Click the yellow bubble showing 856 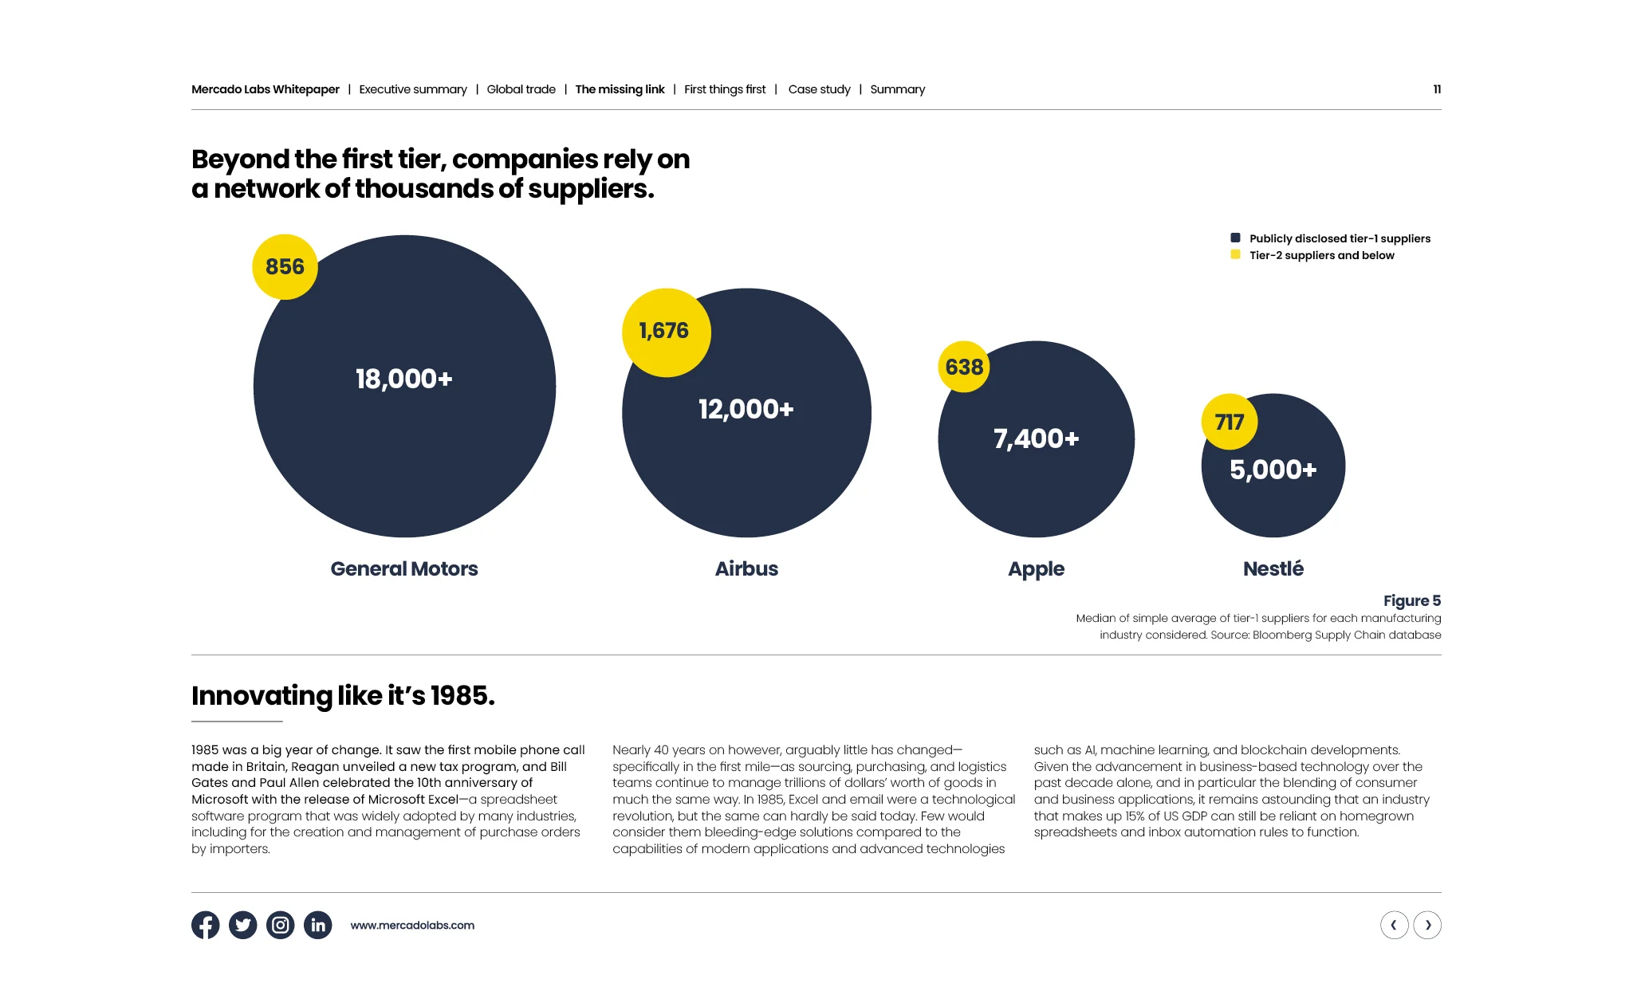[285, 267]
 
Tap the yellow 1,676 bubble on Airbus [666, 332]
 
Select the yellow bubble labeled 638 [964, 367]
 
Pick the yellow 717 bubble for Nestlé [1230, 422]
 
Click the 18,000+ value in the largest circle [404, 379]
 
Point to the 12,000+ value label [746, 410]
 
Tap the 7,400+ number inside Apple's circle [1036, 438]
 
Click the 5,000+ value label [1273, 470]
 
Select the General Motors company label [404, 568]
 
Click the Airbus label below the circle [746, 568]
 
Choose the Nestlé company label [1273, 568]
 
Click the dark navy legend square [1235, 238]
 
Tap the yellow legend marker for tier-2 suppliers [1235, 255]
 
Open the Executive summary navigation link [413, 89]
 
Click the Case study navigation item [819, 89]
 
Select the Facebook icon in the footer [206, 925]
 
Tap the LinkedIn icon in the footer [317, 925]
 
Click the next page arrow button [1427, 925]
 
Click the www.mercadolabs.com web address [412, 926]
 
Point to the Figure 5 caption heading [1411, 600]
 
